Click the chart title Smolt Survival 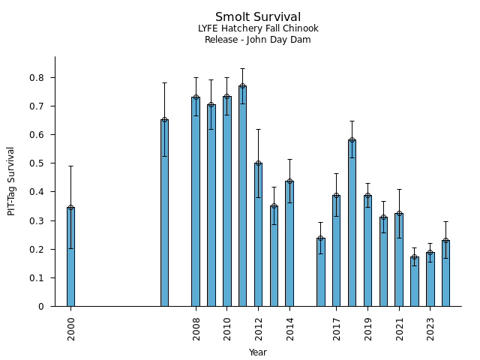click(258, 17)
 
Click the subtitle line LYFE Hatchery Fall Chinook click(258, 28)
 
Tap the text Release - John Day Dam click(258, 40)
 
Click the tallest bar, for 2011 click(242, 196)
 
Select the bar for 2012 click(258, 234)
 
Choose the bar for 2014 click(289, 243)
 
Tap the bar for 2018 click(352, 223)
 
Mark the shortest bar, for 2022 click(414, 281)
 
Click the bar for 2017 click(336, 250)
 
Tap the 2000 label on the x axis click(71, 328)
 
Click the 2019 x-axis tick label click(368, 328)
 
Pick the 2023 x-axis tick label click(430, 328)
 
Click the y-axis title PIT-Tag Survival click(11, 181)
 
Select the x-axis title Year click(258, 352)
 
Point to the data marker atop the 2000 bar click(70, 208)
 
